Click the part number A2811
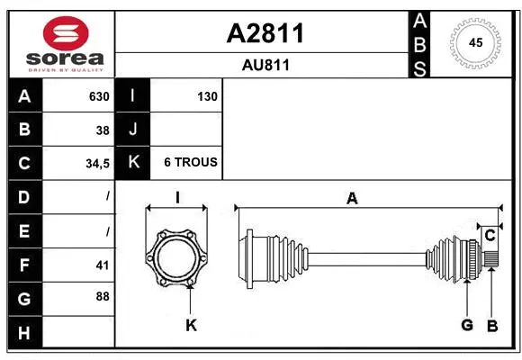click(x=265, y=33)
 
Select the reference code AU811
click(x=265, y=65)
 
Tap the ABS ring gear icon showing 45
click(x=474, y=42)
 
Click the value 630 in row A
click(x=98, y=96)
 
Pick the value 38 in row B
click(x=102, y=130)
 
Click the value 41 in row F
click(x=102, y=265)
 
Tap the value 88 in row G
click(x=102, y=296)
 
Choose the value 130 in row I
click(x=206, y=96)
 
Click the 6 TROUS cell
click(x=190, y=163)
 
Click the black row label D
click(x=23, y=196)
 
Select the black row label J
click(x=133, y=130)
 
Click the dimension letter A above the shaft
click(x=352, y=198)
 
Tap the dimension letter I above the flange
click(x=177, y=198)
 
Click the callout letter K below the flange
click(x=191, y=325)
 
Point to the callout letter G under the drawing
click(x=467, y=325)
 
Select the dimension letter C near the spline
click(x=490, y=236)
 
